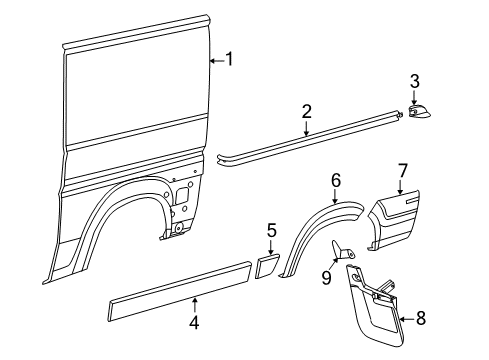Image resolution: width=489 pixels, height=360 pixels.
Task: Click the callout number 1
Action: tap(229, 60)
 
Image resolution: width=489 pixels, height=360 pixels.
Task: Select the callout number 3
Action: tap(414, 80)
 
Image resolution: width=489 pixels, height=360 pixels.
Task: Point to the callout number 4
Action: tap(195, 323)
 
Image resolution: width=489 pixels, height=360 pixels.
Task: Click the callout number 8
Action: tap(421, 319)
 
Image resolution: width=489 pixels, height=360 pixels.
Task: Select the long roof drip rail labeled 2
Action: tap(310, 143)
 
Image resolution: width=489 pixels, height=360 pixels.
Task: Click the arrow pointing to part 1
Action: tap(215, 61)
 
